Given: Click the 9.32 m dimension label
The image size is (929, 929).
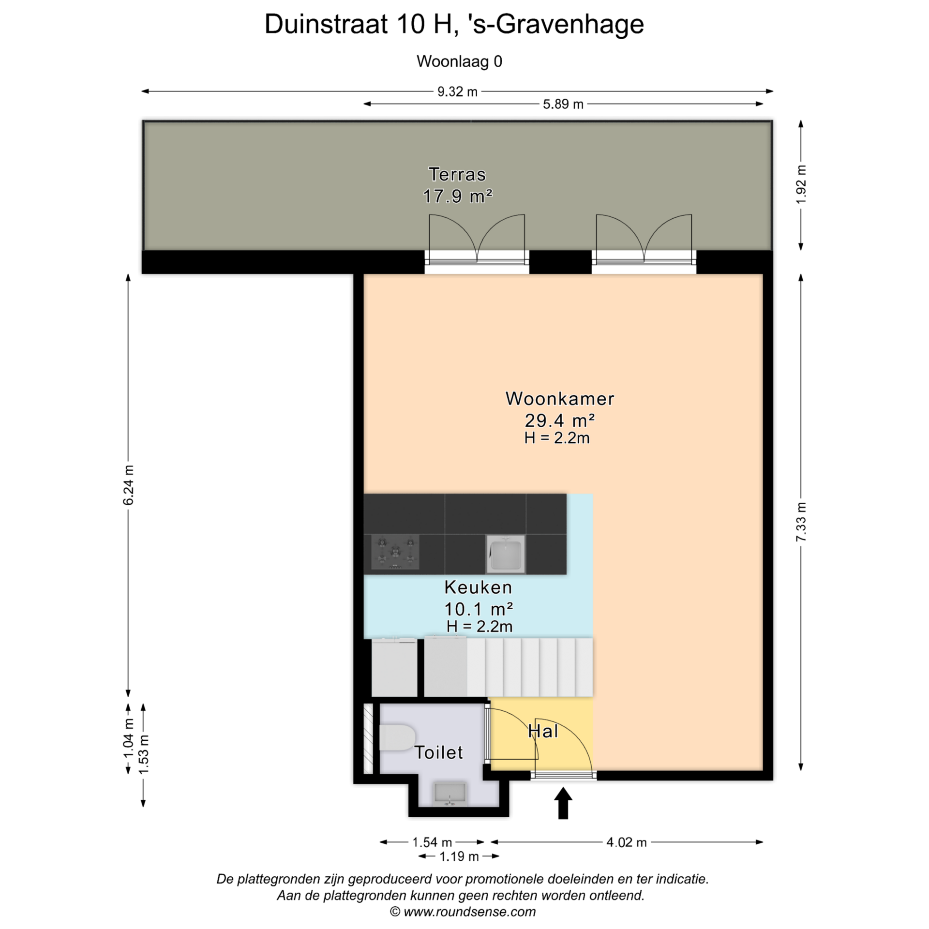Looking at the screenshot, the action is pos(457,91).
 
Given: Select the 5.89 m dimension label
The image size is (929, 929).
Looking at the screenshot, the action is pos(563,104).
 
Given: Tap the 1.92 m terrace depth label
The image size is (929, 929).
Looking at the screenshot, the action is pos(801,184).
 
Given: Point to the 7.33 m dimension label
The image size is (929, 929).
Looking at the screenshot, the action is pos(801,522).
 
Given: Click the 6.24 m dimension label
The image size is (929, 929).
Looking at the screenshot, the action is pos(128,485).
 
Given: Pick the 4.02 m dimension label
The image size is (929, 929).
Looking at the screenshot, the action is pos(627,842).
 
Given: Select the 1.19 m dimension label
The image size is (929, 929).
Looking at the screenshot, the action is pos(459,857).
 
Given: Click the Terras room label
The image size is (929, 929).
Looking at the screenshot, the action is pos(457,174).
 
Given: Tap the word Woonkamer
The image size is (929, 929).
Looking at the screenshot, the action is pos(560,399).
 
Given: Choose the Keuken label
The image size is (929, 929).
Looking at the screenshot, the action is pos(478,587).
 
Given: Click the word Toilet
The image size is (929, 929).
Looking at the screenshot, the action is pos(439,752).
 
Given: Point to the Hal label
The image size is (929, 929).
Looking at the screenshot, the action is pos(543,731).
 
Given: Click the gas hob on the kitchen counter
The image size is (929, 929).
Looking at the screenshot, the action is pos(395,552).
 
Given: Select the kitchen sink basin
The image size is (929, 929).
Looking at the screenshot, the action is pos(506,554).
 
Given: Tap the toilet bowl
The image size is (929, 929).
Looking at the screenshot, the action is pos(397,737).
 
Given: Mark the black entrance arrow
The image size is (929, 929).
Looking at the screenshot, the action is pos(563,803).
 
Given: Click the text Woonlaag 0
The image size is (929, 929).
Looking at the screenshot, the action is pos(459,61).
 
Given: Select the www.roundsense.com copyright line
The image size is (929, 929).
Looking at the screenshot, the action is pos(463,912).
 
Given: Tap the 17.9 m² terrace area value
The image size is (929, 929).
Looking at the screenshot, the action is pos(457,196).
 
